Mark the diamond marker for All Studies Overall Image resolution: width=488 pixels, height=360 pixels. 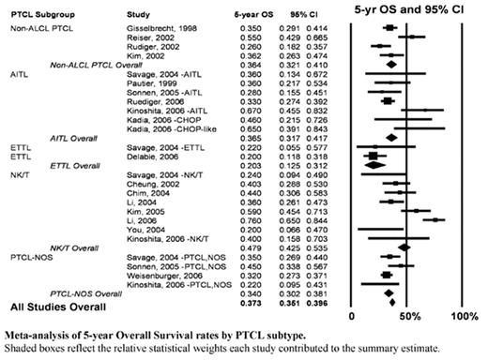coord(391,302)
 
